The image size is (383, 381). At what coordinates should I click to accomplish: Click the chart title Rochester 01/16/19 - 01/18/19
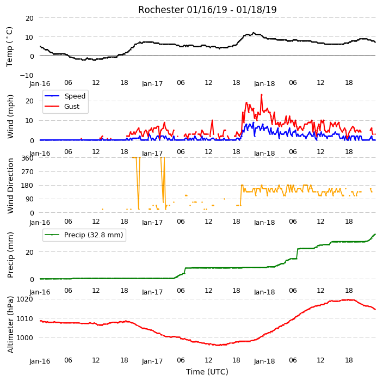207,10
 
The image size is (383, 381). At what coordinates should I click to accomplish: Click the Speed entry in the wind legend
75,96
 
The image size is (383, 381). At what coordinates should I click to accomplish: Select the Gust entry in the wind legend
72,106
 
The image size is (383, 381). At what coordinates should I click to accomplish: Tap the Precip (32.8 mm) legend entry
94,235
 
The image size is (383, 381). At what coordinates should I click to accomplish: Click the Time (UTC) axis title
207,372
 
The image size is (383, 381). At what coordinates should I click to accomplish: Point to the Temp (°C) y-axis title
9,47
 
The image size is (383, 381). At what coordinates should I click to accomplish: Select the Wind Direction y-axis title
10,186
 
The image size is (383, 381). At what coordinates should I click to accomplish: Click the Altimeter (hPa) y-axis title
10,324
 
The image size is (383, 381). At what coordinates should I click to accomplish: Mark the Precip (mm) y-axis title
10,255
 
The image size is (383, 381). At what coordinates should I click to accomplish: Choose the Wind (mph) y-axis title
10,116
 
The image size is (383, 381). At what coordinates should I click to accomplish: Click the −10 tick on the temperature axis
27,75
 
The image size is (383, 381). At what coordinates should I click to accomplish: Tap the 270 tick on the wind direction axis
27,172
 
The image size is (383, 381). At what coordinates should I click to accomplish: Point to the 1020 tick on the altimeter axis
24,299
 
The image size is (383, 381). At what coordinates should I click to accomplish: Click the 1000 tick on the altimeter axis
24,337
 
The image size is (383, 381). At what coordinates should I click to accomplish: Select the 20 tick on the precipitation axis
29,252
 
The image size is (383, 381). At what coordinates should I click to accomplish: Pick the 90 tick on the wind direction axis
29,199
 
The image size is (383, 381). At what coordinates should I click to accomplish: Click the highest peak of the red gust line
262,95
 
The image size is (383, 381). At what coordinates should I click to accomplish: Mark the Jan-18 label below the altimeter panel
264,361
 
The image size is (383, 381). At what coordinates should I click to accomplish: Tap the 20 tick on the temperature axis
29,18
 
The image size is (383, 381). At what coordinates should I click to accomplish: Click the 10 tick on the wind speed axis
29,121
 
